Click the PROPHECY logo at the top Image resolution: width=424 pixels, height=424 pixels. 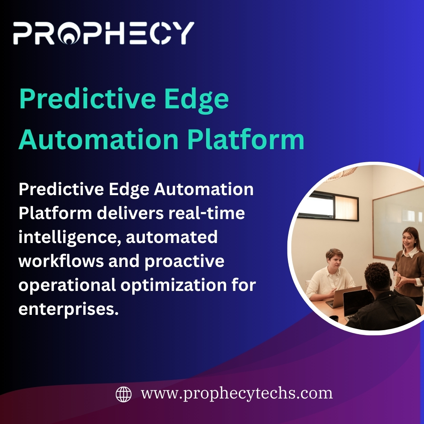tap(104, 33)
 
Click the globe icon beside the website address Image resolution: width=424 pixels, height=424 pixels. tap(124, 394)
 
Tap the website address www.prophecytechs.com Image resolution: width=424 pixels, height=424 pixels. tap(237, 394)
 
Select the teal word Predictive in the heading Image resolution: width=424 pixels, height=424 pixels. tap(87, 99)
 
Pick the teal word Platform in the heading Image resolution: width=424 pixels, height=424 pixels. tap(246, 139)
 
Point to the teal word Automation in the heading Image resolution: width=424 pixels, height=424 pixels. tap(99, 139)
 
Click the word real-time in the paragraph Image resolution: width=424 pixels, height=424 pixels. tap(207, 213)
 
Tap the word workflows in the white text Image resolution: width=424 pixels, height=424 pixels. tap(61, 261)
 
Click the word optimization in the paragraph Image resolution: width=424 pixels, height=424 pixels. tap(174, 285)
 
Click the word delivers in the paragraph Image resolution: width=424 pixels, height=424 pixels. tap(130, 213)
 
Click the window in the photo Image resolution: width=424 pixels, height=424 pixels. tap(328, 205)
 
